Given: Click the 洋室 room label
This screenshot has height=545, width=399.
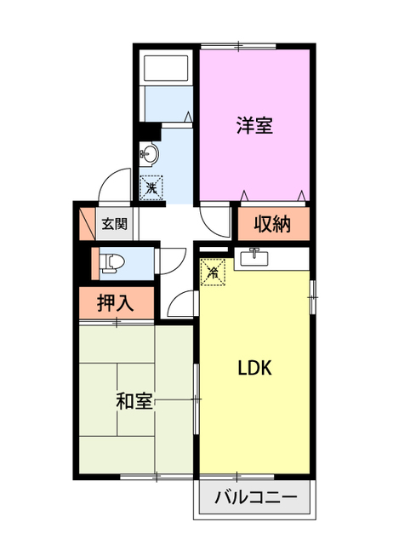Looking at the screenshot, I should [254, 126].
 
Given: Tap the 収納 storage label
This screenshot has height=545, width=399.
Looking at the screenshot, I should [271, 224].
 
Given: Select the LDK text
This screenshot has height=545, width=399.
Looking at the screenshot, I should [254, 369].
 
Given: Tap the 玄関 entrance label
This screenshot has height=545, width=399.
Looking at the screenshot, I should [115, 225].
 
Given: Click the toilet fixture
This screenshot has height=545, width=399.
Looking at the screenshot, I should [108, 262].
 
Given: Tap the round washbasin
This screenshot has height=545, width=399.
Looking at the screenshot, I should [151, 155].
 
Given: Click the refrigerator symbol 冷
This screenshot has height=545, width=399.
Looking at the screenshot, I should [213, 273].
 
